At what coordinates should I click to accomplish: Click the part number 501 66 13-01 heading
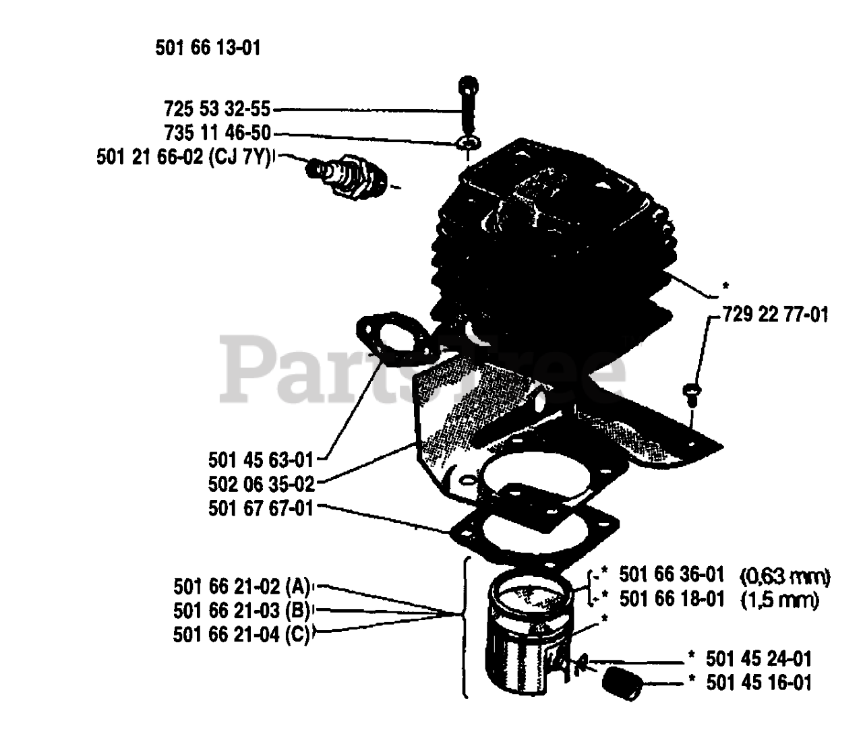207,49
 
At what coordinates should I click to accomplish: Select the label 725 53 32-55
216,109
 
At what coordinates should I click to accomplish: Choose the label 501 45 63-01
261,460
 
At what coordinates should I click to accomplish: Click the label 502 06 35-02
261,484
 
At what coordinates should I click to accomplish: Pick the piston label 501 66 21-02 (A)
241,584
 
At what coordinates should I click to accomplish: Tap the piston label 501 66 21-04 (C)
241,634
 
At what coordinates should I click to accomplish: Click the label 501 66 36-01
672,574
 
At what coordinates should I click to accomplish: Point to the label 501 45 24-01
758,658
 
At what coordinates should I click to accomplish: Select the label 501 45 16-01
758,682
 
